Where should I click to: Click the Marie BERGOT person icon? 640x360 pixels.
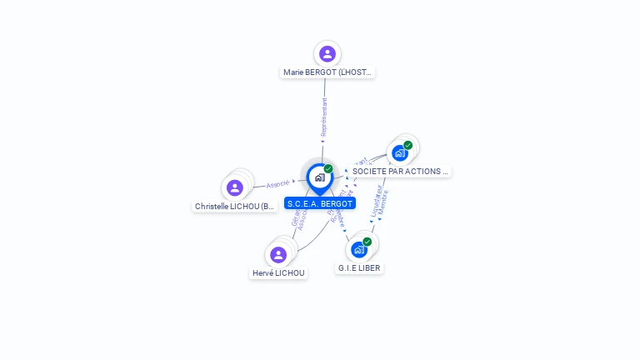(x=327, y=54)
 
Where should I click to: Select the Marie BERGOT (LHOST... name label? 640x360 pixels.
(x=328, y=72)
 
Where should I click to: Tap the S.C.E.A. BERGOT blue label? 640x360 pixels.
(x=320, y=203)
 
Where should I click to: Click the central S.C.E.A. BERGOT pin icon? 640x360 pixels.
(x=319, y=177)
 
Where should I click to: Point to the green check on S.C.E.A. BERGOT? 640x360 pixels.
(x=328, y=169)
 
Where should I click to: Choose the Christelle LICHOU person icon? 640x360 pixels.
(x=235, y=187)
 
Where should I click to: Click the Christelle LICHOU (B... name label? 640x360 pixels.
(x=235, y=206)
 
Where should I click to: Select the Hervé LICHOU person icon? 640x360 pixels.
(x=278, y=254)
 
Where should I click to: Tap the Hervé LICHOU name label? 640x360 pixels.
(x=279, y=272)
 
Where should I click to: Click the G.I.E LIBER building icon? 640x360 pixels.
(x=359, y=249)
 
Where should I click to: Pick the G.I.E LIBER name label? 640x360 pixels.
(x=360, y=268)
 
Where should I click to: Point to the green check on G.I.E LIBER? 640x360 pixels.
(x=367, y=242)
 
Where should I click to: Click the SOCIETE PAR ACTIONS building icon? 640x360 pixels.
(x=400, y=152)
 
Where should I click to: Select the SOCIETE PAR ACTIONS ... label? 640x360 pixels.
(x=400, y=171)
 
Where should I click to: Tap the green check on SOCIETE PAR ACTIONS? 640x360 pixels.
(x=407, y=145)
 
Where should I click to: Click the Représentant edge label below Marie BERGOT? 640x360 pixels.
(x=324, y=117)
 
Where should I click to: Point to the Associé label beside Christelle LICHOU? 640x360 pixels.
(x=278, y=183)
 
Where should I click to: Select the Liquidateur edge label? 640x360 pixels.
(x=375, y=203)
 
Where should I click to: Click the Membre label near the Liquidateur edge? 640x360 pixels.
(x=384, y=203)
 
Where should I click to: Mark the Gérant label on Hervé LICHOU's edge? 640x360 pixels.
(x=296, y=217)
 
